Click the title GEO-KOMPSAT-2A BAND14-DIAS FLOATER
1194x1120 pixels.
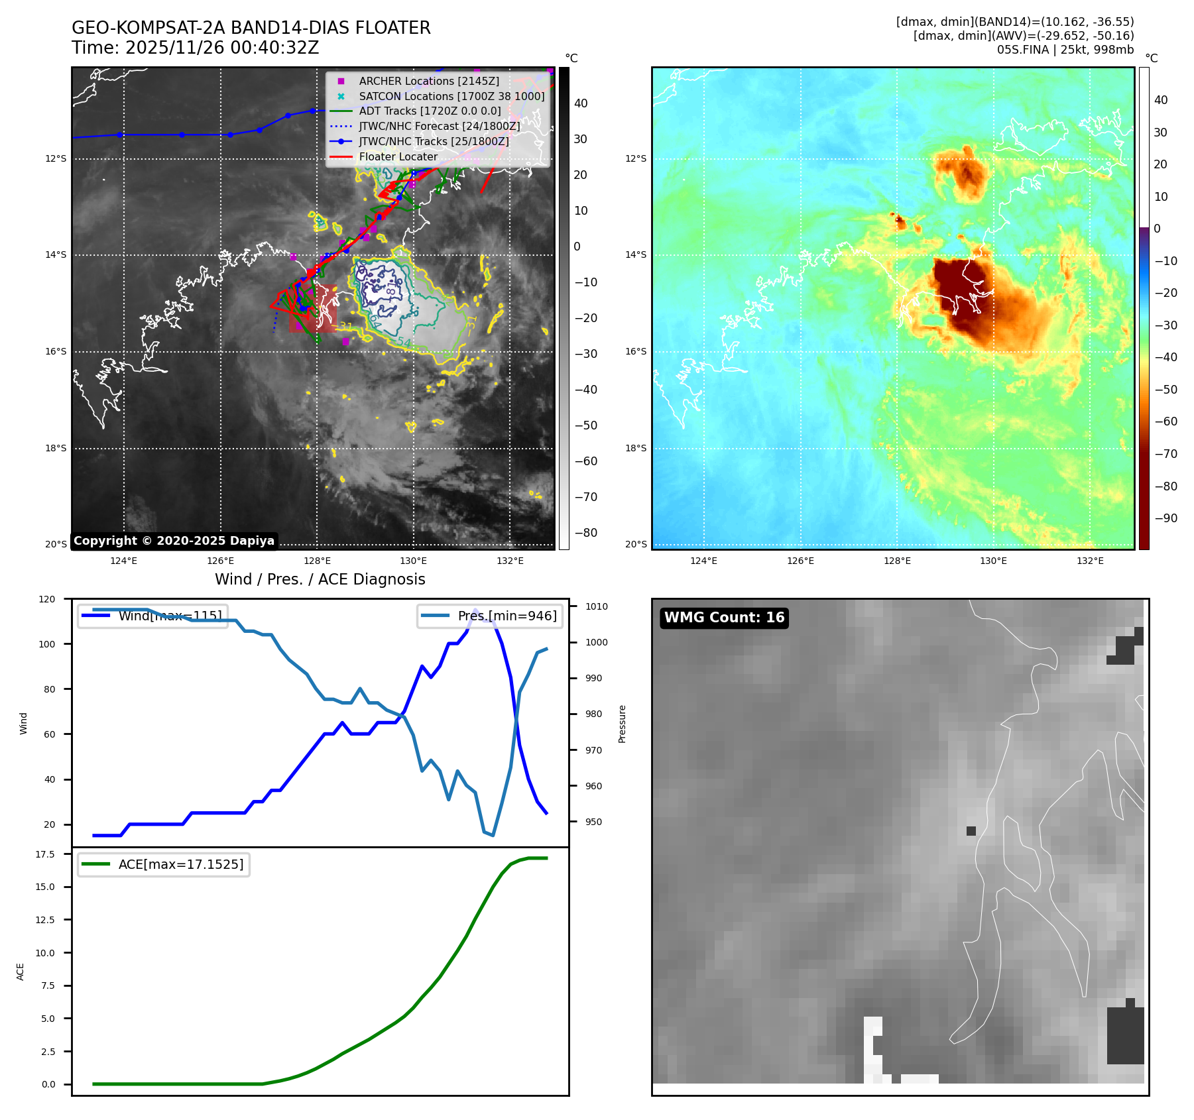(x=251, y=28)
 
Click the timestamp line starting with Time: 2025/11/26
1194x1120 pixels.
(x=195, y=48)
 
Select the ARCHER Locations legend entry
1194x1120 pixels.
(x=428, y=81)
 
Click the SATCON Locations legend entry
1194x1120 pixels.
(x=451, y=96)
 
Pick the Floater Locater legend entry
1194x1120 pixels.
(x=398, y=157)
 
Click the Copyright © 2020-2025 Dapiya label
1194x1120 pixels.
(x=174, y=541)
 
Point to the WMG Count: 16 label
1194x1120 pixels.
(x=724, y=618)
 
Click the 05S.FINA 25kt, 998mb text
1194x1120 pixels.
(x=1065, y=50)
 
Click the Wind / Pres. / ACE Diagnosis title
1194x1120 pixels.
(x=320, y=579)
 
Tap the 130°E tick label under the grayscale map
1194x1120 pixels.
(x=413, y=561)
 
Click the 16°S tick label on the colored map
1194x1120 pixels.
(x=635, y=351)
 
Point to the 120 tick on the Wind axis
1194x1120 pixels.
(x=47, y=599)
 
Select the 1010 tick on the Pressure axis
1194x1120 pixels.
(x=596, y=606)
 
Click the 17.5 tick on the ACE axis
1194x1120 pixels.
(x=45, y=854)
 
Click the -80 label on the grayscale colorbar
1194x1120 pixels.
(x=585, y=533)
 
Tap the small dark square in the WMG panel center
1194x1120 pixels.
(x=971, y=831)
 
